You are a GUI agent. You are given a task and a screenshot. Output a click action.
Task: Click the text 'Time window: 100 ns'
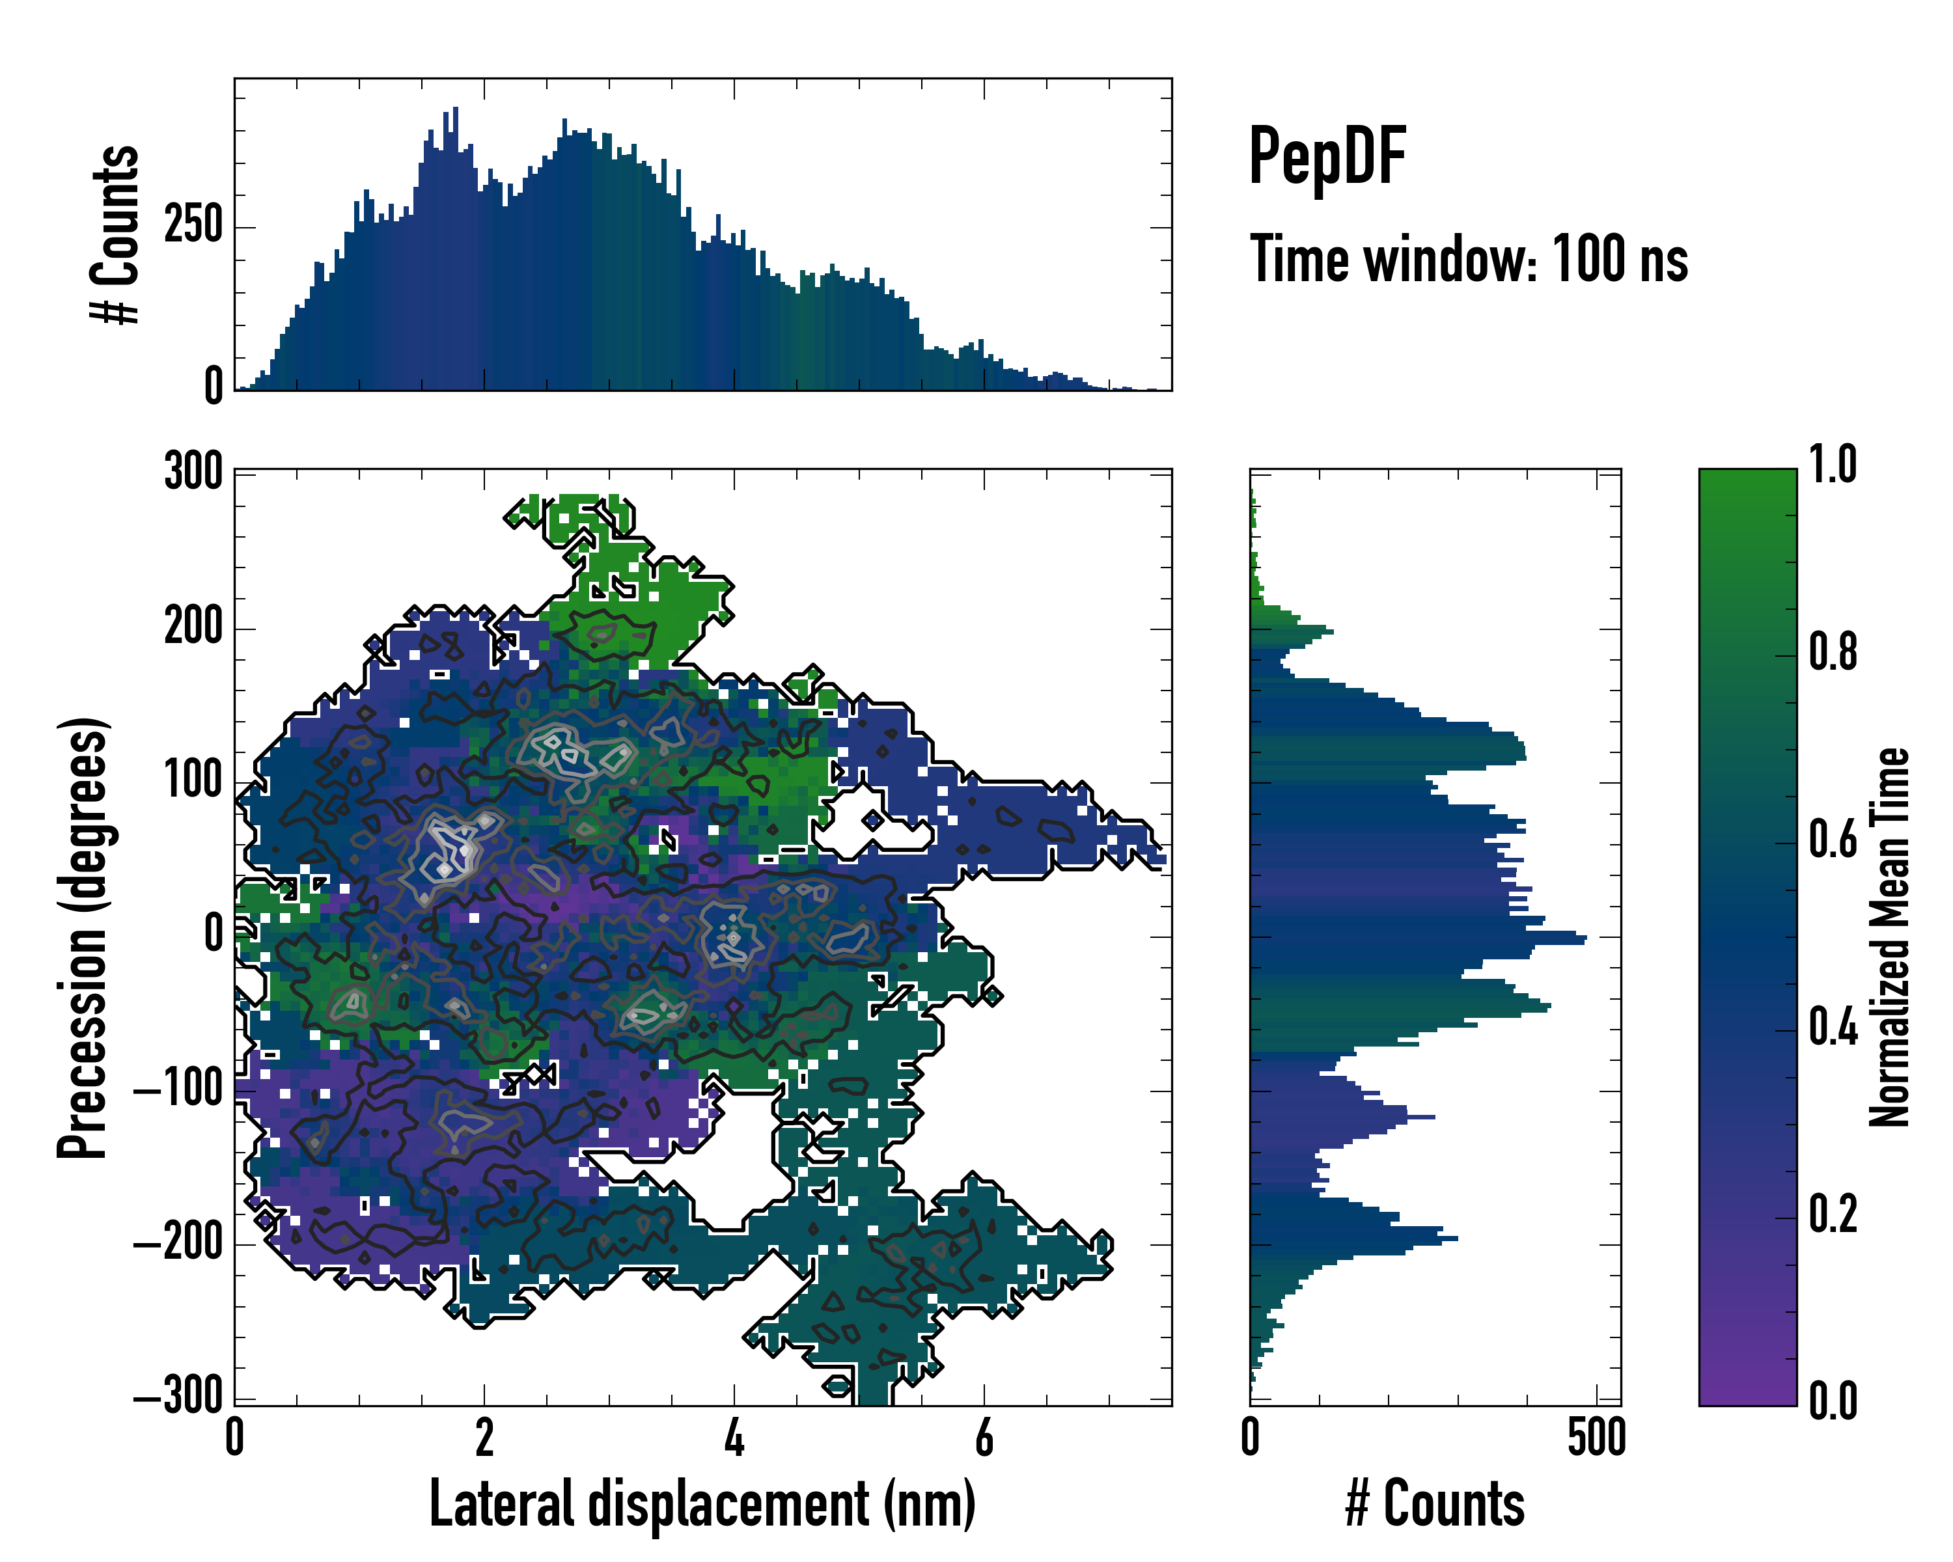tap(1469, 260)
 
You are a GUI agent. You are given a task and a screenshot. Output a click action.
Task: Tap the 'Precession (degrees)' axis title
tap(83, 937)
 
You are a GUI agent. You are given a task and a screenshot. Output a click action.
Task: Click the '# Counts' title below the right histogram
tap(1435, 1504)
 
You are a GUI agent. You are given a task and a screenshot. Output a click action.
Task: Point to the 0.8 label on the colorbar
tap(1833, 653)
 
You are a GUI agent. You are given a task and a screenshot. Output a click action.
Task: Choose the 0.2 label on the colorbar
tap(1833, 1214)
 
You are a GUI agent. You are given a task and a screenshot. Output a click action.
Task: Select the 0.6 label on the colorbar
tap(1833, 840)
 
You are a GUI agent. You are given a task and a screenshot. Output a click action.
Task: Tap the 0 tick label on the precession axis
tap(214, 935)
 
